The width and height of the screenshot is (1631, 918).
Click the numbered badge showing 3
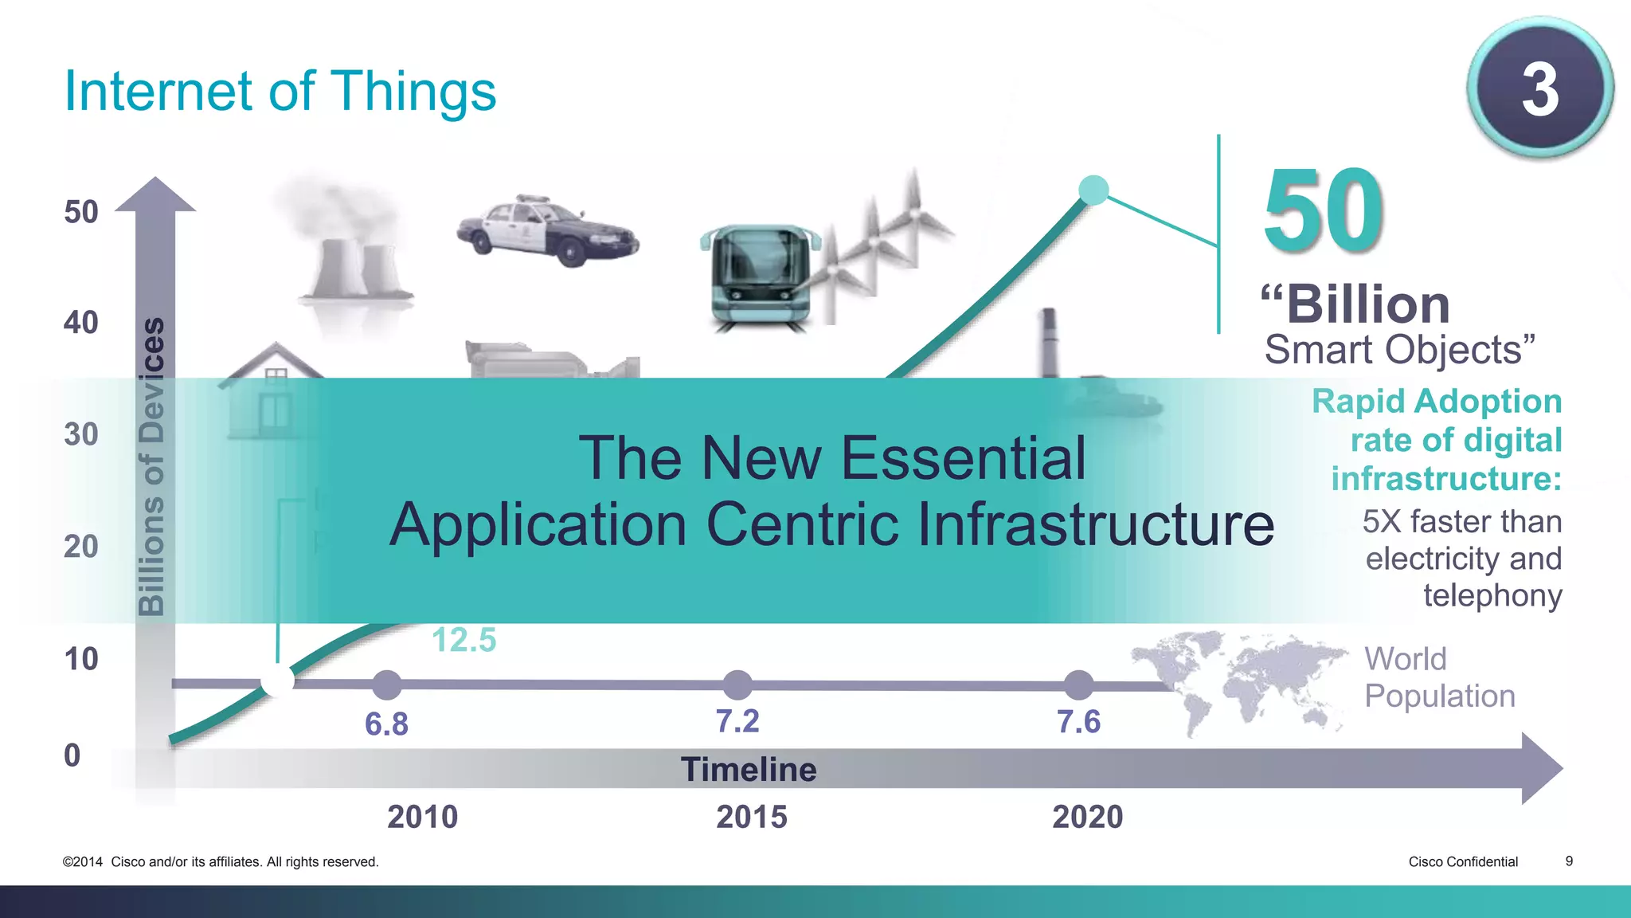click(1539, 88)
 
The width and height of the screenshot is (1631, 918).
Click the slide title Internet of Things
click(280, 91)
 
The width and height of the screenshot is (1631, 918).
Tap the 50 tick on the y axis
click(80, 212)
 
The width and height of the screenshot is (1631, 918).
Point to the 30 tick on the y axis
click(80, 435)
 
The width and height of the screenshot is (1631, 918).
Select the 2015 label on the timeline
click(751, 817)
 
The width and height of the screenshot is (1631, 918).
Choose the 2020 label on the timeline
click(1087, 817)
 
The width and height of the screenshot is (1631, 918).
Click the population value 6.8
click(386, 724)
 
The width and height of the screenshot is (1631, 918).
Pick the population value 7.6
click(1078, 722)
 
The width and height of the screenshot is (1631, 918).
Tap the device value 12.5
click(463, 640)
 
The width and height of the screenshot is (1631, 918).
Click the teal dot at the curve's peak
click(1093, 190)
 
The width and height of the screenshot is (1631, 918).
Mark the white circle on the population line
click(278, 681)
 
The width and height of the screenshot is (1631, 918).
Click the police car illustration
click(547, 230)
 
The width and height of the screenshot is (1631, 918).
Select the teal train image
click(761, 276)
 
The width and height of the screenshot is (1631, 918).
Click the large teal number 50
click(1324, 210)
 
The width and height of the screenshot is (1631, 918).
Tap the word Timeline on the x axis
click(749, 770)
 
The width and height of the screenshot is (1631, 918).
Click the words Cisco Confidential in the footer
click(1463, 861)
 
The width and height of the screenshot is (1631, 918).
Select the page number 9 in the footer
click(1569, 861)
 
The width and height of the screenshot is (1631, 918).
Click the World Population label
click(1439, 677)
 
